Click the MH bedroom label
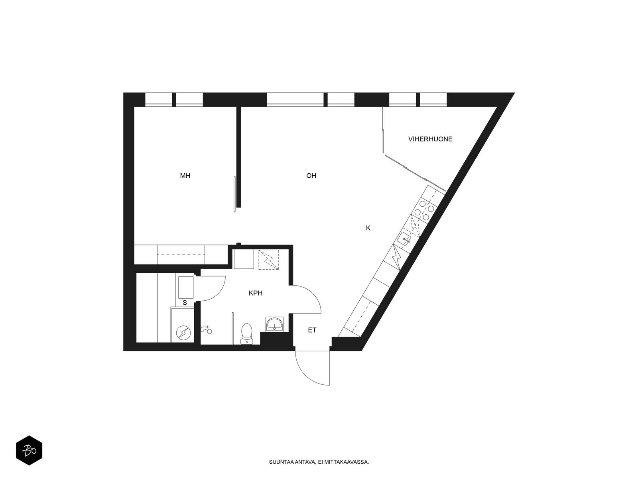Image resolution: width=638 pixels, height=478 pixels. point(185,176)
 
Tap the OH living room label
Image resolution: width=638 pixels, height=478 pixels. point(311,176)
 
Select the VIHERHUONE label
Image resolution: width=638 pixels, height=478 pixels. point(430,139)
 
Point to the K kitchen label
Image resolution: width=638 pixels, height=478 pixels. point(368,228)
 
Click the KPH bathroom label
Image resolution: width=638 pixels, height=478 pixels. point(256,294)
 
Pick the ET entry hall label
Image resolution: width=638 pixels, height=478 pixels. point(312,330)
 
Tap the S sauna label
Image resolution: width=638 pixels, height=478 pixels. point(185,303)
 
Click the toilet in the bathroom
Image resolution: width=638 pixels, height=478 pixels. point(247,334)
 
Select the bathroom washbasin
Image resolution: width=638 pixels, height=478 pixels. point(274,323)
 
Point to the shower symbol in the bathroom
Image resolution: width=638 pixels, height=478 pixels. point(207,329)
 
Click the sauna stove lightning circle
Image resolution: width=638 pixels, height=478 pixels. point(183,333)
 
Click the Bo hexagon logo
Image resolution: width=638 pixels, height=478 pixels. point(29,451)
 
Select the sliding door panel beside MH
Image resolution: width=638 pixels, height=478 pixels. point(234,194)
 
